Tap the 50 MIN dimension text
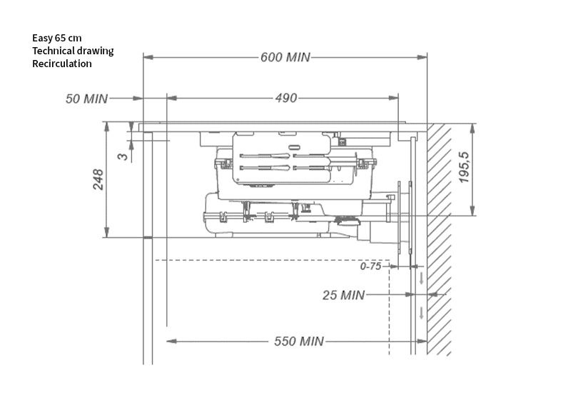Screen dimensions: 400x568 point(86,99)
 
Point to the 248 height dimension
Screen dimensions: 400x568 point(98,179)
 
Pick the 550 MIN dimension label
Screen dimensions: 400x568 point(299,341)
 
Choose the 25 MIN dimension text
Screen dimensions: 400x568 point(343,295)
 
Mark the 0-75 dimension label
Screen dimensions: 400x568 point(372,266)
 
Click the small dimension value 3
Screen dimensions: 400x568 point(123,155)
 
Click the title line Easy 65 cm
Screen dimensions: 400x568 point(57,38)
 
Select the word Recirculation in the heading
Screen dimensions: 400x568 point(62,64)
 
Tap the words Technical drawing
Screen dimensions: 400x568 point(73,51)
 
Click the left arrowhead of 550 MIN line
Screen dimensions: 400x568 point(171,341)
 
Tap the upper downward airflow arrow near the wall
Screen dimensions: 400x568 point(421,277)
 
